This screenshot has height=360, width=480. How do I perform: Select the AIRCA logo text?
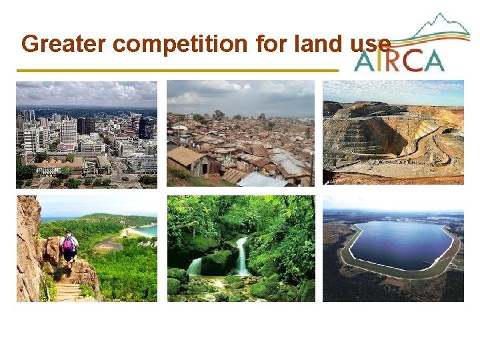[399, 60]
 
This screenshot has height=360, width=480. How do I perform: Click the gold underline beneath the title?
[177, 70]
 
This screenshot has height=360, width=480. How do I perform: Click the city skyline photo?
[87, 134]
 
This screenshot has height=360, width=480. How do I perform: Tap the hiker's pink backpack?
[68, 243]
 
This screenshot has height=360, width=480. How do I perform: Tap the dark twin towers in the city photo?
[85, 125]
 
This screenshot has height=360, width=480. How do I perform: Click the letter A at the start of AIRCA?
[365, 60]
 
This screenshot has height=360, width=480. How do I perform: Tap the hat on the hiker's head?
[67, 233]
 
